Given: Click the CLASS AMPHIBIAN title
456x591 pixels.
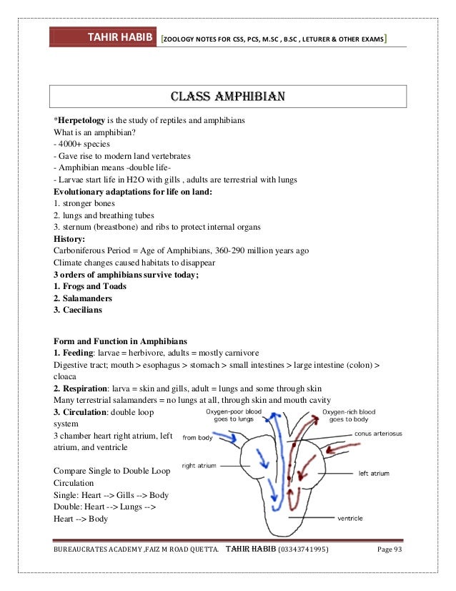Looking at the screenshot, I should [x=227, y=96].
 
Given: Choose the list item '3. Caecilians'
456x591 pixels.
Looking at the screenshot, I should [x=78, y=311].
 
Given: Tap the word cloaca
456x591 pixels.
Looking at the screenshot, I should [x=66, y=376].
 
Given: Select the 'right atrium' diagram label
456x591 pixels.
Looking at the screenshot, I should [x=199, y=465].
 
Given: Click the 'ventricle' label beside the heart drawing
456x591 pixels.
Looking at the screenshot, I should [x=352, y=518].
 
